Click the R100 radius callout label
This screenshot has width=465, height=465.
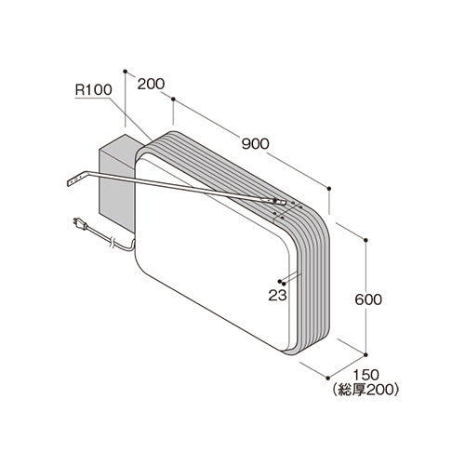[x=93, y=90]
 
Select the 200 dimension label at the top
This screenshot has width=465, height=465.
[x=151, y=84]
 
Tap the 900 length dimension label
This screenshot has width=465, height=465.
[x=256, y=144]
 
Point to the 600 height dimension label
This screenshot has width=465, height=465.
[x=368, y=299]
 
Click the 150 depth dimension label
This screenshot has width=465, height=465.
[x=366, y=375]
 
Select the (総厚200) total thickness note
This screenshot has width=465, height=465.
[x=365, y=390]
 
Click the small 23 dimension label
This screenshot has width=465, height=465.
[x=277, y=296]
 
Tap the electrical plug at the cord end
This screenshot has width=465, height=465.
[x=80, y=224]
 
